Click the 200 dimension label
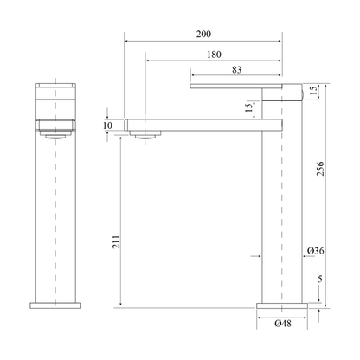pos(203,35)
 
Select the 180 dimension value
pos(214,55)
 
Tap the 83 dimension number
pos(236,70)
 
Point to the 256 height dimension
pos(320,169)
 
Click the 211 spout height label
pos(116,241)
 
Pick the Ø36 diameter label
pos(315,251)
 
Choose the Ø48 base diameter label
pos(283,324)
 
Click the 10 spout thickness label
pos(107,125)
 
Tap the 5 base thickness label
pos(320,279)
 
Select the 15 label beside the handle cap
pos(313,91)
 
